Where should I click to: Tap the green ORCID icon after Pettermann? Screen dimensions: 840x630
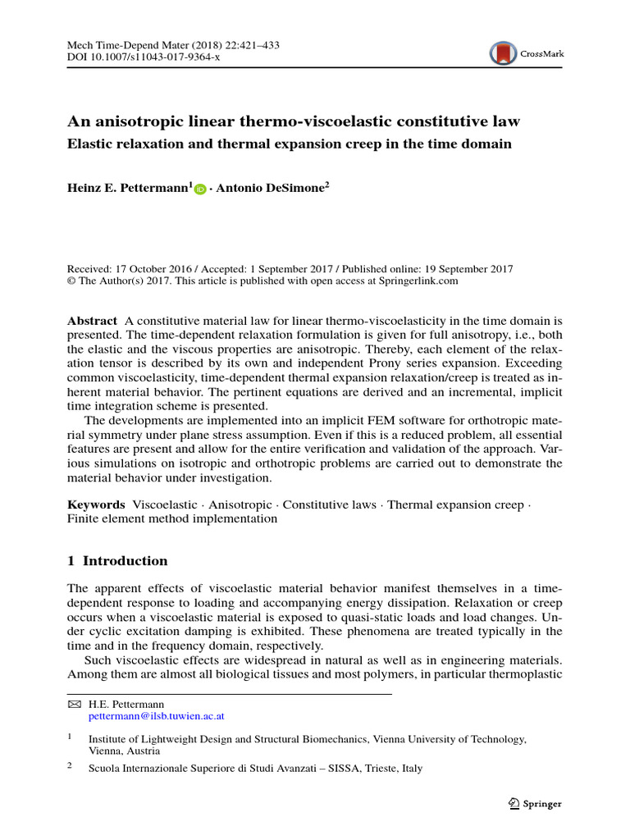pos(200,189)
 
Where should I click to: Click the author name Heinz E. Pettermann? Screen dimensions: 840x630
pos(129,189)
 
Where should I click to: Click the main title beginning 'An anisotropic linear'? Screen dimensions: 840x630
pos(293,121)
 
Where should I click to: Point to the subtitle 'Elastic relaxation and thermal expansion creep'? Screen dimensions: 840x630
pos(289,144)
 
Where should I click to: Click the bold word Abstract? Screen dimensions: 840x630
pos(92,321)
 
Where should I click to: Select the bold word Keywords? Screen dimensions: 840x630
pos(96,504)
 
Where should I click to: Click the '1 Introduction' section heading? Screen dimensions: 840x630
pos(117,561)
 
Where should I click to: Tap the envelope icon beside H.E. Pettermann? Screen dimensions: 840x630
pos(74,704)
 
